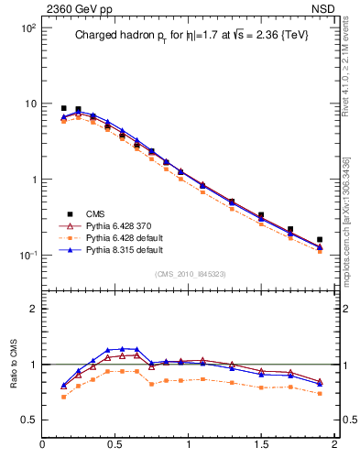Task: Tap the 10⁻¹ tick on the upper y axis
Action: (25, 255)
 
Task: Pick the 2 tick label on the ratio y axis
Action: (33, 309)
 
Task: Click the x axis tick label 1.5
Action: (261, 446)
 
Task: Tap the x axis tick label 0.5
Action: (115, 446)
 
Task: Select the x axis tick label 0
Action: (42, 446)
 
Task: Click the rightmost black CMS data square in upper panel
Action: (320, 239)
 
